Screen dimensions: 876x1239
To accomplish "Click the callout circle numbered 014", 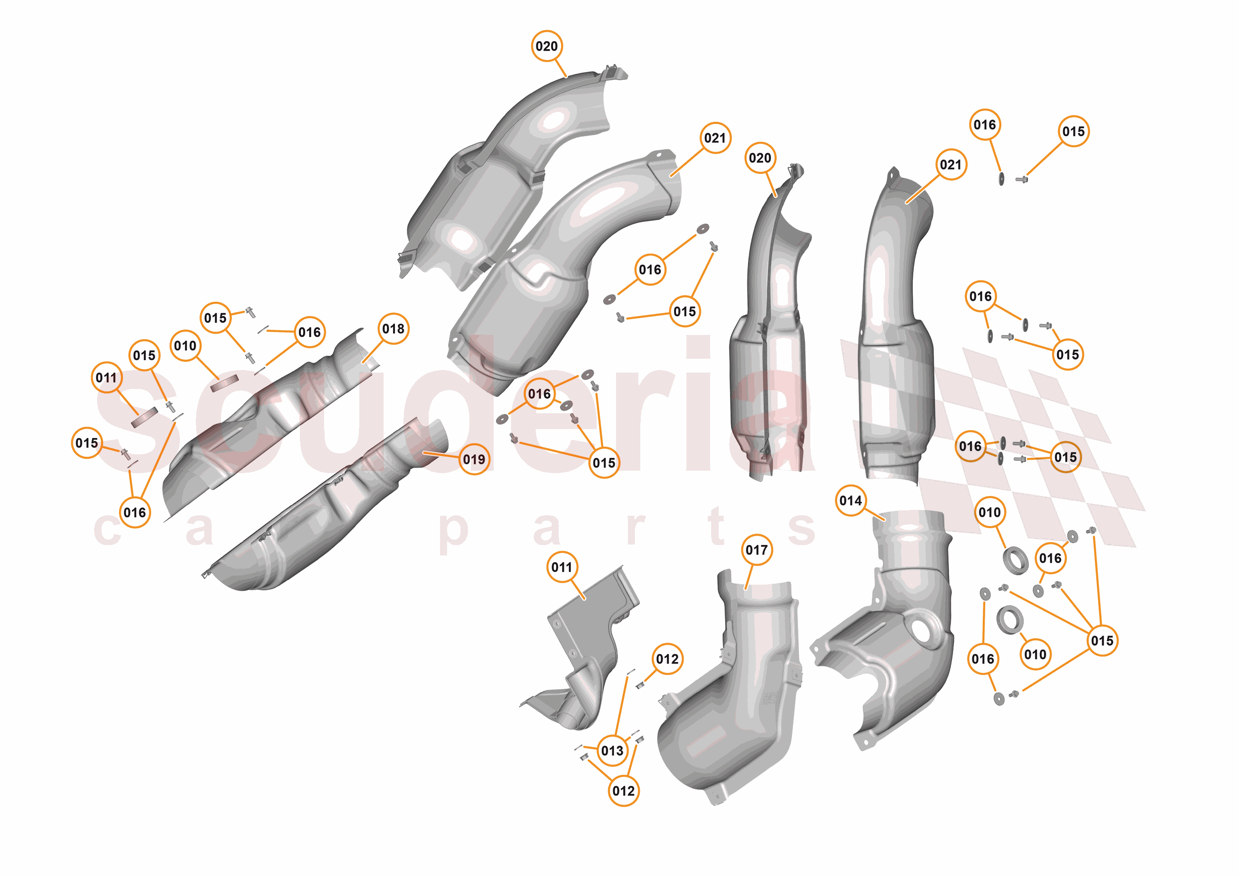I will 850,500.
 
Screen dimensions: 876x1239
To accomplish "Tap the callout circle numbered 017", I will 757,550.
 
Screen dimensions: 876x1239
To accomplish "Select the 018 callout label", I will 393,328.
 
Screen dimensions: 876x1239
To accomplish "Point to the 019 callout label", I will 474,460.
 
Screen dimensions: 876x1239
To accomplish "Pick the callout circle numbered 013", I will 612,751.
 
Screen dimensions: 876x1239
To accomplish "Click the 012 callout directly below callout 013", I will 623,791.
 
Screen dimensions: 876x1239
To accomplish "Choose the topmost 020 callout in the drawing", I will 547,47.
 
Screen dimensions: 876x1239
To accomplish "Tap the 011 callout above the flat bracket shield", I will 562,567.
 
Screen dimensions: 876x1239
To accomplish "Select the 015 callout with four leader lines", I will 1102,641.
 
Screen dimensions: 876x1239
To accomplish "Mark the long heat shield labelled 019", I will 324,512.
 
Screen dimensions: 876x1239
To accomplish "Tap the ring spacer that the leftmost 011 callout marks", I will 145,416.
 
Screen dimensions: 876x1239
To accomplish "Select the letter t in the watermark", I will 717,526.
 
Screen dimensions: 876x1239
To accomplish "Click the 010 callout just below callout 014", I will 989,512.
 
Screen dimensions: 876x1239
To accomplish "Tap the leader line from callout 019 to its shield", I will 443,455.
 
